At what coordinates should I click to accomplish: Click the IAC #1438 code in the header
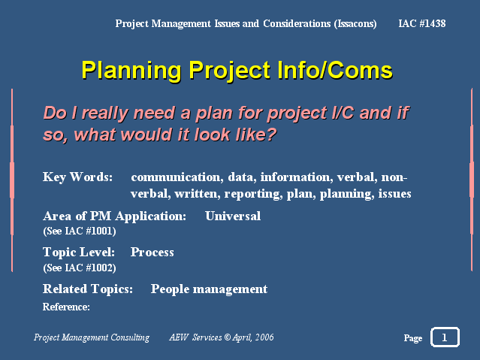[422, 23]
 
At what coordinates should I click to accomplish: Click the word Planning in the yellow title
[131, 71]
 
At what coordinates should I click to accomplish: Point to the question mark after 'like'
[270, 135]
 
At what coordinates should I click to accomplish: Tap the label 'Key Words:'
[78, 177]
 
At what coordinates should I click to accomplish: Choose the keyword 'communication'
[176, 177]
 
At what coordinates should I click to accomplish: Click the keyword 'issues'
[394, 194]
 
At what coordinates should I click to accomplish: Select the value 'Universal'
[233, 216]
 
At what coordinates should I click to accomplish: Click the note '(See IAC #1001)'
[80, 231]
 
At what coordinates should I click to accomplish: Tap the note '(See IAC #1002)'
[80, 268]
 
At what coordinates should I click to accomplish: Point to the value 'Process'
[152, 253]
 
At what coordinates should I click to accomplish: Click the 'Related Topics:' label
[88, 289]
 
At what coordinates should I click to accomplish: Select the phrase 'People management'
[209, 289]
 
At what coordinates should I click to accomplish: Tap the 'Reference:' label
[66, 307]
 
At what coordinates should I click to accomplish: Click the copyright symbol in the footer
[228, 337]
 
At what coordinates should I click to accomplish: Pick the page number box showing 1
[445, 337]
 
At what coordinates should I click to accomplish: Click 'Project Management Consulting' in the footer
[92, 337]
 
